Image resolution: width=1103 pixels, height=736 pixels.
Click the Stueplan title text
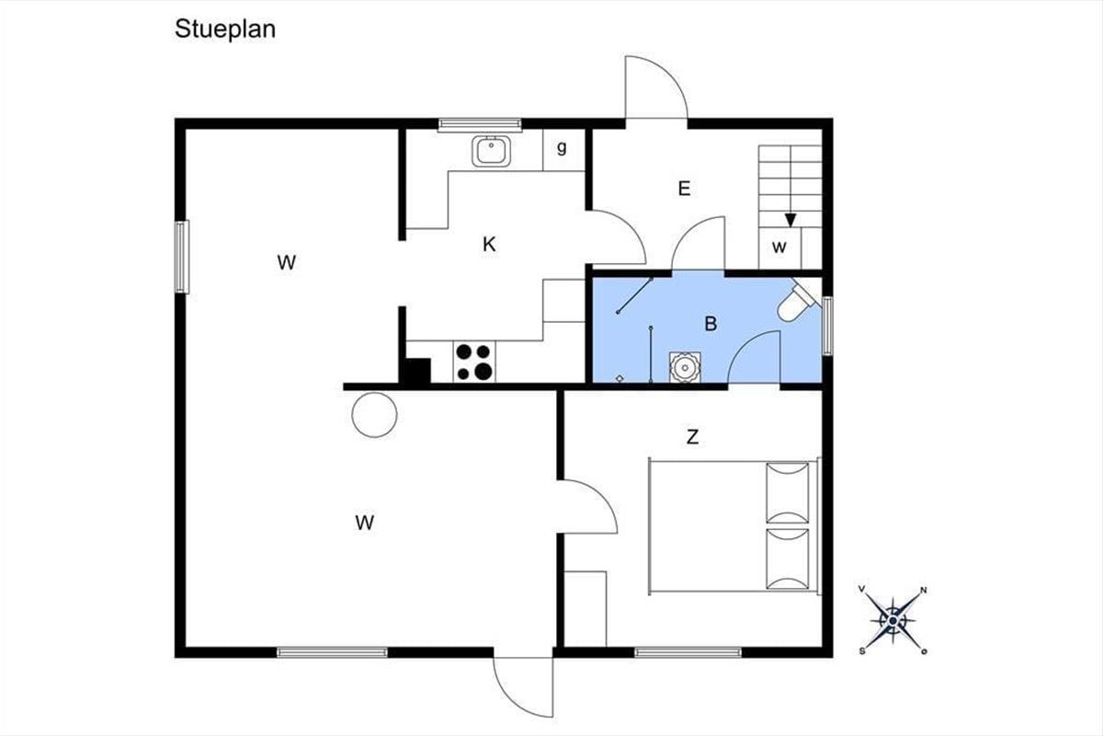(x=225, y=29)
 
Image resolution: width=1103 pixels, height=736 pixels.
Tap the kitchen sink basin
(x=491, y=152)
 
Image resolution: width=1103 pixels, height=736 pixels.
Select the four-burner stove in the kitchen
(x=474, y=362)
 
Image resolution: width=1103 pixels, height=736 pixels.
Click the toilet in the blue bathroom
(x=798, y=300)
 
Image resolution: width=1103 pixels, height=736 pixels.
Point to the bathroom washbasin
(x=685, y=367)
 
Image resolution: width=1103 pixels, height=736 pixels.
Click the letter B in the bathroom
(x=711, y=324)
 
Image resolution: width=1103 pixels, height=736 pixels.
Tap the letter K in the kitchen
(x=489, y=245)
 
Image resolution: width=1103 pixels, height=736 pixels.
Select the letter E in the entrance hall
(x=684, y=189)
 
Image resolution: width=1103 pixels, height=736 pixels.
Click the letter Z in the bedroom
(x=692, y=437)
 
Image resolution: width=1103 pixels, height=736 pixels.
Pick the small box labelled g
(x=563, y=150)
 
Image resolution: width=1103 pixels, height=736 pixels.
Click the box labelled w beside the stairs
(x=780, y=248)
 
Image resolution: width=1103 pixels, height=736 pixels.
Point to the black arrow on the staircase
(x=790, y=220)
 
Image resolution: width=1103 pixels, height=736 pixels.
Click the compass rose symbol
(x=893, y=620)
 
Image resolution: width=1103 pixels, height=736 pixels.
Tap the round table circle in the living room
(x=375, y=415)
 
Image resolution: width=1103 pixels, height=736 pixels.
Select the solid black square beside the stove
(x=417, y=371)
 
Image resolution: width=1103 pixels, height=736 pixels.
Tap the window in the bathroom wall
(x=828, y=326)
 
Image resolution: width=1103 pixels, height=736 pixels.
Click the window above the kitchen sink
(x=480, y=125)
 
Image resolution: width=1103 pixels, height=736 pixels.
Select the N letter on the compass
(x=924, y=591)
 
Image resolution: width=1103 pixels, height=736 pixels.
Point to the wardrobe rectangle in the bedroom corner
(x=585, y=609)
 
